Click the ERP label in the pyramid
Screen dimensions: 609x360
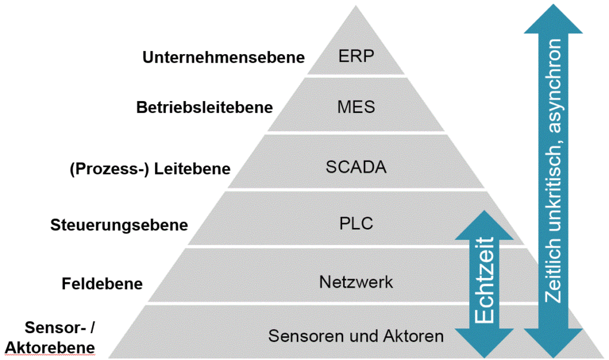coord(356,57)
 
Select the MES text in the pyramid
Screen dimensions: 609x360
coord(356,107)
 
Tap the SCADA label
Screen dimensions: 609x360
coord(356,167)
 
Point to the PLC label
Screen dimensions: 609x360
coord(356,224)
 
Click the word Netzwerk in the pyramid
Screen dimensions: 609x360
coord(356,282)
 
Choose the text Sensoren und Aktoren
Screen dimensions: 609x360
coord(356,336)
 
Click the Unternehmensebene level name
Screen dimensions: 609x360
coord(224,57)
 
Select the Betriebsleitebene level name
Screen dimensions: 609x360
coord(205,107)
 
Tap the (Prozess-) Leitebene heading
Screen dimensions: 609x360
coord(150,169)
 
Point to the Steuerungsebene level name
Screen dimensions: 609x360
coord(119,225)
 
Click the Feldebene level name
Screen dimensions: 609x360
coord(102,284)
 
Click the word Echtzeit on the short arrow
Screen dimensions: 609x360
coord(484,280)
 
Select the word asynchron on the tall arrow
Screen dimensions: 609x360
coord(553,86)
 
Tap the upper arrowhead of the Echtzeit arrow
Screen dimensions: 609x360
coord(484,225)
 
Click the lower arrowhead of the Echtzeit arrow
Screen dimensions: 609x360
coord(484,343)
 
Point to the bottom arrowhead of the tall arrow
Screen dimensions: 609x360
coord(553,343)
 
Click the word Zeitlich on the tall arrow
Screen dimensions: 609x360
coord(553,270)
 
